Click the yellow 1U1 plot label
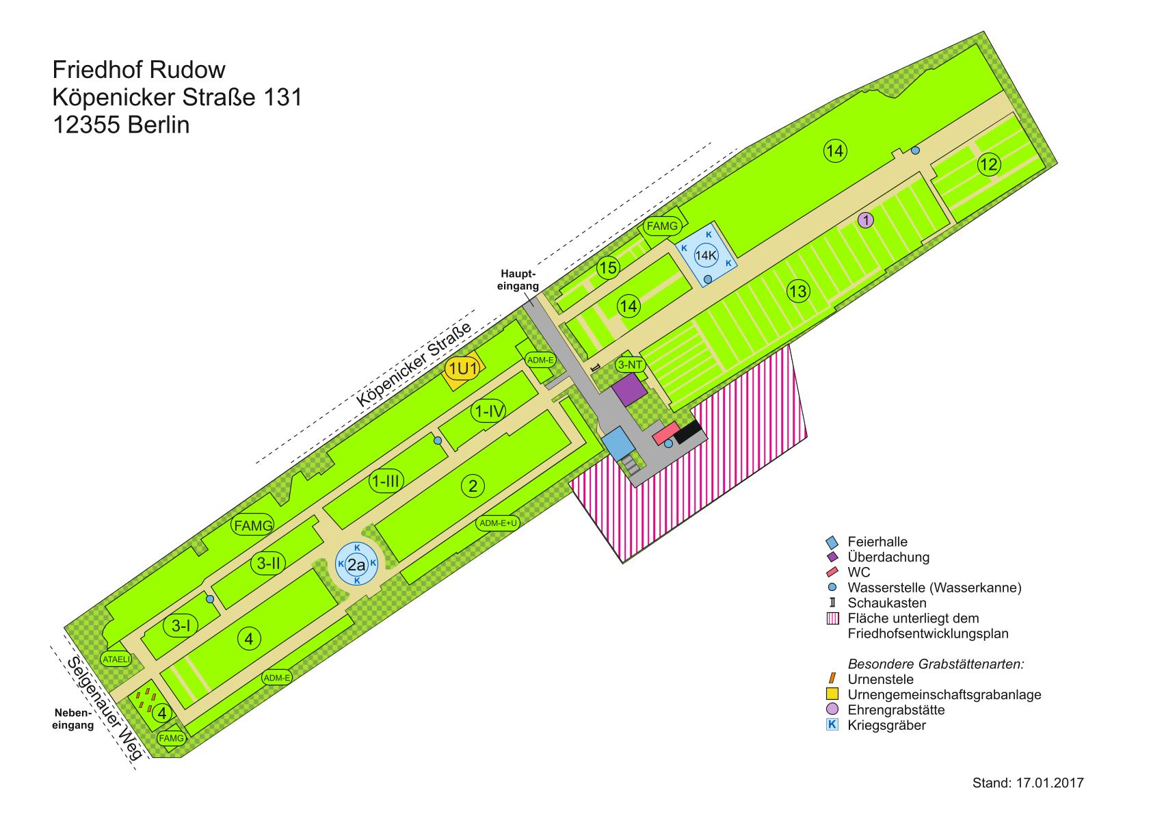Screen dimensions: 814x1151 click(x=462, y=369)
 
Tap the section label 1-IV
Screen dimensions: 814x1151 click(x=489, y=411)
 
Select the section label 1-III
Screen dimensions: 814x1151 click(x=385, y=481)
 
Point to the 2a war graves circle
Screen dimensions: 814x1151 click(x=356, y=564)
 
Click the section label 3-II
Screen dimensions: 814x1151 click(x=267, y=563)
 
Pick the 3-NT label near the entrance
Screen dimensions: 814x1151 click(x=630, y=365)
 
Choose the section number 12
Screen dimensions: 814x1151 click(x=989, y=164)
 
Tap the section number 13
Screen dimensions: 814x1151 click(x=797, y=291)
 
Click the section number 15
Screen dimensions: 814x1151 click(x=608, y=267)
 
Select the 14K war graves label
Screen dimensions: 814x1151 click(x=706, y=256)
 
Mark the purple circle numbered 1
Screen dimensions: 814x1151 click(x=866, y=220)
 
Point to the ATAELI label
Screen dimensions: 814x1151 click(x=116, y=659)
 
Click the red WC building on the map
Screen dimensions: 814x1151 click(x=663, y=434)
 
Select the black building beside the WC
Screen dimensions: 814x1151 click(x=689, y=431)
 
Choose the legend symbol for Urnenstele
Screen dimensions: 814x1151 click(x=832, y=679)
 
